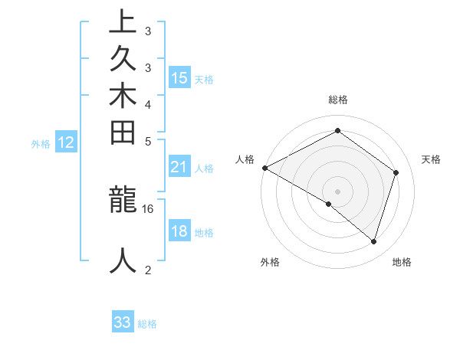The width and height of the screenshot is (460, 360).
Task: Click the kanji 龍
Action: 123,200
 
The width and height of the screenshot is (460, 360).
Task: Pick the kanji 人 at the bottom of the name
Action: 123,261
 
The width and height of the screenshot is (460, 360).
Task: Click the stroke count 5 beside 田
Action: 147,141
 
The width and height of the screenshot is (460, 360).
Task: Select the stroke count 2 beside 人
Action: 147,270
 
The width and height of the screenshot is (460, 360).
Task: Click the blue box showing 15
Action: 179,77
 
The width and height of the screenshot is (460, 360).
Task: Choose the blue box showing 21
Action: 179,168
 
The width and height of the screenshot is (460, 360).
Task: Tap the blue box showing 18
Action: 179,232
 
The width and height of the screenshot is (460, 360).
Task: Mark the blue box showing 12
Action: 66,142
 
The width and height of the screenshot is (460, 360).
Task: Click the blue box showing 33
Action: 123,322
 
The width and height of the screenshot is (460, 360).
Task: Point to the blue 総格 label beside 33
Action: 147,324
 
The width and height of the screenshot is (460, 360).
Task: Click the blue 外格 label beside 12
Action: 41,142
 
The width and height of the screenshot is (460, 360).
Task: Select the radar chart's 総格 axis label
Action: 337,100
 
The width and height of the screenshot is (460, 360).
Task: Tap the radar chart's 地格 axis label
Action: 402,263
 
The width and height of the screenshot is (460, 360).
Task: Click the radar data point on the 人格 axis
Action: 264,168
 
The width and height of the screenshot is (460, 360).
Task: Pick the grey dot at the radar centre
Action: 337,191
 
